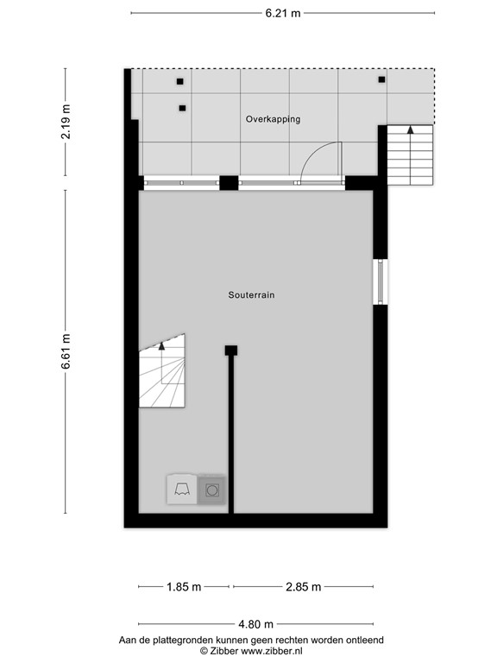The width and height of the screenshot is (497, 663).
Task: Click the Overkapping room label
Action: [x=273, y=119]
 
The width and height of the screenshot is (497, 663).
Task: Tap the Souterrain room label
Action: [x=251, y=294]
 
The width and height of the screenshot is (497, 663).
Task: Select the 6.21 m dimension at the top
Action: [x=283, y=13]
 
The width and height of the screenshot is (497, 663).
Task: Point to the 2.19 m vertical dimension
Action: [x=66, y=122]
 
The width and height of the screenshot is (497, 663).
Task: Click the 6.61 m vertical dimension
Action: [x=66, y=351]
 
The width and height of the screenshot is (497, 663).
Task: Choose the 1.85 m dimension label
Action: [x=183, y=587]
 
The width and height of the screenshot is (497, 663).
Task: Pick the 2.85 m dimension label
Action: [x=303, y=587]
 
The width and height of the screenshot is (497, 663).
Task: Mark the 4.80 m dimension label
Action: [x=256, y=624]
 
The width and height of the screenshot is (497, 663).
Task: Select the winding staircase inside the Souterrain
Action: [x=162, y=372]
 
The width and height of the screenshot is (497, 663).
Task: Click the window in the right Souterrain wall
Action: [x=379, y=281]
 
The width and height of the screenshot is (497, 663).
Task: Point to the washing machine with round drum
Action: [x=212, y=490]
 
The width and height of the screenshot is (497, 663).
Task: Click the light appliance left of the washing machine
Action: [x=182, y=489]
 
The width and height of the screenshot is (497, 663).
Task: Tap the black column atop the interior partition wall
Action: [x=231, y=350]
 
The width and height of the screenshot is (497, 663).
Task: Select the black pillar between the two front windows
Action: [x=229, y=182]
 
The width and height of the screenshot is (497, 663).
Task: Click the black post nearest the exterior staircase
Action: [x=381, y=80]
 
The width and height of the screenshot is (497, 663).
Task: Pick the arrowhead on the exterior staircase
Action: [x=410, y=129]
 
